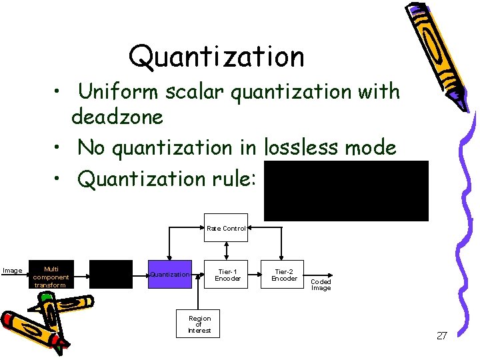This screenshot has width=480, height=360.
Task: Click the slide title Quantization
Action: [216, 57]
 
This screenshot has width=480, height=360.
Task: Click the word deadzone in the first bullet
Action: [117, 117]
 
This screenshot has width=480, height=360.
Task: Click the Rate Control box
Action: [226, 228]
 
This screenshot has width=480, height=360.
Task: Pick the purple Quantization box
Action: [170, 274]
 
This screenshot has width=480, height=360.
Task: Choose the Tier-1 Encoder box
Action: [228, 274]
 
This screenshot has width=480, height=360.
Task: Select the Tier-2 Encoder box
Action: [285, 274]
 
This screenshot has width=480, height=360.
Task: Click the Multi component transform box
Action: [51, 276]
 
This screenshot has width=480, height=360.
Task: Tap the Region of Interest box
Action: [199, 324]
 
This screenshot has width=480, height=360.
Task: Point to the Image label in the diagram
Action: [12, 271]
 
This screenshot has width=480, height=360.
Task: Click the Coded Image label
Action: [321, 285]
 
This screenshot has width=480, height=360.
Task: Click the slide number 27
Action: [441, 335]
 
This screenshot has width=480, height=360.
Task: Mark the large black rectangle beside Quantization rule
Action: [346, 191]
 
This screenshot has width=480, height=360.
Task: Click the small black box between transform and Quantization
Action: [111, 274]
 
